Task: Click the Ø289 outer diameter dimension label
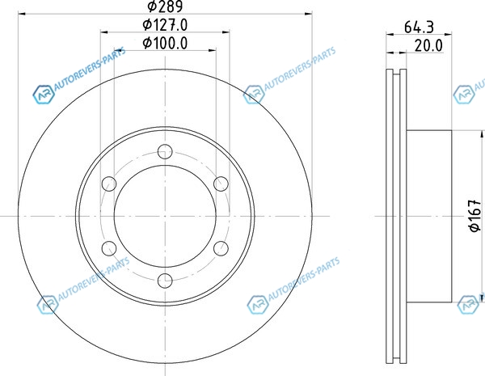coord(165,6)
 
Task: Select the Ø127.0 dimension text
coord(165,25)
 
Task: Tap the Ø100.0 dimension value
coord(165,43)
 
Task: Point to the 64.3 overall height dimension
coord(419,27)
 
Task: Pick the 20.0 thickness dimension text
coord(428,46)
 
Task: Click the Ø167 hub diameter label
coord(475,215)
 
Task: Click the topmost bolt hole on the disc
coord(165,152)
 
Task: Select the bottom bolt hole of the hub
coord(165,281)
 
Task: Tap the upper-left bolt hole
coord(109,184)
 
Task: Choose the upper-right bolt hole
coord(221,184)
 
